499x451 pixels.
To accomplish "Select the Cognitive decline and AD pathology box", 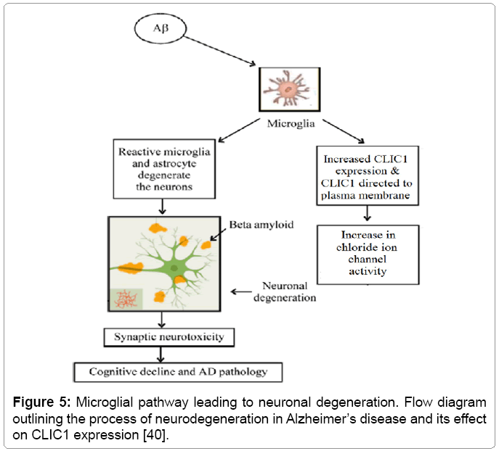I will (178, 372).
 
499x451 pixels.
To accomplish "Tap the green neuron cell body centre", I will (175, 270).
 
